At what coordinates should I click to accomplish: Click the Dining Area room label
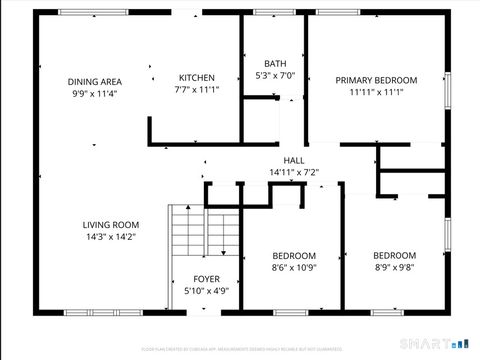[95, 81]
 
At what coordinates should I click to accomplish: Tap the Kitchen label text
[196, 78]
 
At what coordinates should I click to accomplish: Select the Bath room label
[274, 63]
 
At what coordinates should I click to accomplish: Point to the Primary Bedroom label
[376, 80]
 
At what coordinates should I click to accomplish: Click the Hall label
[294, 160]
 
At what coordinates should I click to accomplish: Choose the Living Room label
[110, 225]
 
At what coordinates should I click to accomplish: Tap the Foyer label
[207, 279]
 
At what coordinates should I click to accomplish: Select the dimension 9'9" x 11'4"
[95, 93]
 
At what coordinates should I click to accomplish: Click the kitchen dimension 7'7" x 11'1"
[196, 90]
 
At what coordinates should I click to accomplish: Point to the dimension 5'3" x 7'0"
[274, 75]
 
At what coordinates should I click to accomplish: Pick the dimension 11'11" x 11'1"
[376, 92]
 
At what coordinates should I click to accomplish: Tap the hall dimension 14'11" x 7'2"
[294, 172]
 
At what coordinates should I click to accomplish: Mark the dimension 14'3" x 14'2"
[110, 237]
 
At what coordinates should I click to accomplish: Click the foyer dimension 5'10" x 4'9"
[207, 291]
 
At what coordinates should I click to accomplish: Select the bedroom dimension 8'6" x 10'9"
[294, 267]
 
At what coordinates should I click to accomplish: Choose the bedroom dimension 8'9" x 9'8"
[394, 267]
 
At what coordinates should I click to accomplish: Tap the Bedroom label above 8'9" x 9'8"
[394, 255]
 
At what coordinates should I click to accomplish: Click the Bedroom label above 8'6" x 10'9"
[294, 255]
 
